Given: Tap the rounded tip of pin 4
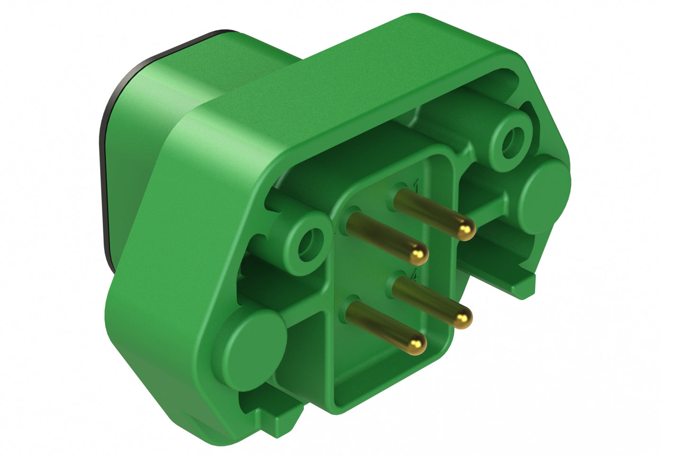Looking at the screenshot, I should (463, 317).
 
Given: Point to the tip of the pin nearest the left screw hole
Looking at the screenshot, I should (419, 255).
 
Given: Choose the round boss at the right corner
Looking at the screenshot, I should (545, 195).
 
